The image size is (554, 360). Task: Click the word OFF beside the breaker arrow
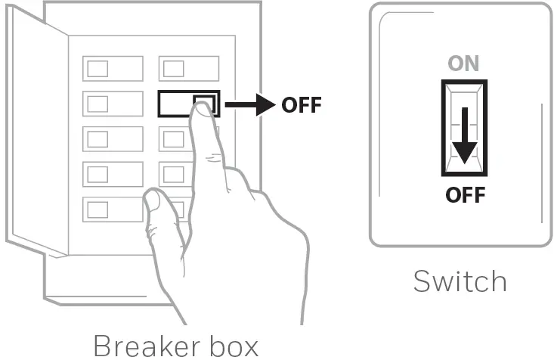point(301,105)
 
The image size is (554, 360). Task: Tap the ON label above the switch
point(463,64)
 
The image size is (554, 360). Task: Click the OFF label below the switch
point(464,195)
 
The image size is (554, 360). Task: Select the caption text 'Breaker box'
point(175,345)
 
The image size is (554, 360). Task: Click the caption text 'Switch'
point(460,281)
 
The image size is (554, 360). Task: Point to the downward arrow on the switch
point(464,136)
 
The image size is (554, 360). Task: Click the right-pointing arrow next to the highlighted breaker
point(249,105)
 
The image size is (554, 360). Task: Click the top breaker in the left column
point(113,68)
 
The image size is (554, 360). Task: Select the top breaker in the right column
point(188,68)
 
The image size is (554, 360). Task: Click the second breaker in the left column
point(113,104)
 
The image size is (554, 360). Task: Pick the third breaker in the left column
point(113,139)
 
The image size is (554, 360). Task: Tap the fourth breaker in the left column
point(113,174)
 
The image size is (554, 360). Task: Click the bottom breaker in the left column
point(113,209)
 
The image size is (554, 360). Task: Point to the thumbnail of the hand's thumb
point(152,200)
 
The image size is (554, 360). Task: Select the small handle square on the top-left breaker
point(97,68)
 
